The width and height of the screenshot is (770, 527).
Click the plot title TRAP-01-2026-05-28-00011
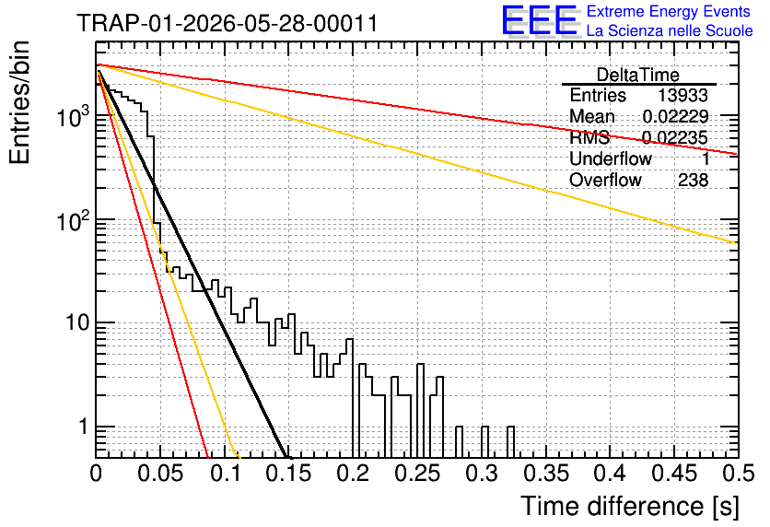(227, 23)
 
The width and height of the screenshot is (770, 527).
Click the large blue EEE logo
(539, 20)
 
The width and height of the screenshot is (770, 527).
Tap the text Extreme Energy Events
(669, 11)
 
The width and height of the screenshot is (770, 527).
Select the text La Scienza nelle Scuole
(670, 30)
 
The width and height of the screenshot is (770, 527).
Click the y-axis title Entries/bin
(19, 102)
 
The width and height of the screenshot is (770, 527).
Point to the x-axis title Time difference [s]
(630, 506)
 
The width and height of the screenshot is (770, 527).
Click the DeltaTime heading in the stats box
(637, 76)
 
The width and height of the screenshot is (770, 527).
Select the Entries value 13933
(682, 95)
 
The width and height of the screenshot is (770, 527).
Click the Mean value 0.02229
(675, 116)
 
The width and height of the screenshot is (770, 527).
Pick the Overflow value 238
(693, 180)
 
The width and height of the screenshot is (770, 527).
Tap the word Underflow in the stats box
(611, 158)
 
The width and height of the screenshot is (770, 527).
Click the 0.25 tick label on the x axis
(418, 474)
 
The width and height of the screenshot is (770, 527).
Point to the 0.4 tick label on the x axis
(611, 474)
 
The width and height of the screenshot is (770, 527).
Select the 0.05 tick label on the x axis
(160, 474)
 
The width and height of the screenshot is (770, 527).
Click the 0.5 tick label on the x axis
(739, 474)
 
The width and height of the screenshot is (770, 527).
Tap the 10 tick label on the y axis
(77, 322)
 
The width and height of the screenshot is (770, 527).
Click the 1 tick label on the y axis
(83, 427)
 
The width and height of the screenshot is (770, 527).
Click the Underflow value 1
(705, 158)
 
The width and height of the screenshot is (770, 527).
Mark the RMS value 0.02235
(675, 137)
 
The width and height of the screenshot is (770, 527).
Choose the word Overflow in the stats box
(605, 180)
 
